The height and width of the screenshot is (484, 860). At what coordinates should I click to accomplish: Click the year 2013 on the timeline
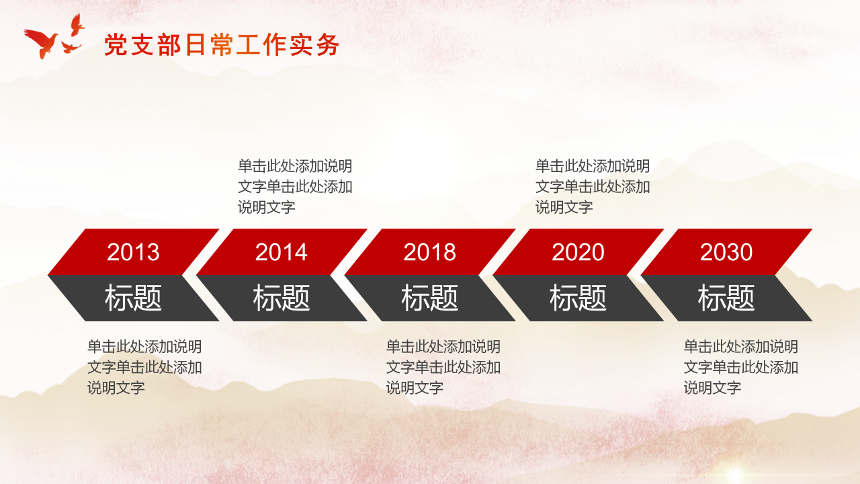(x=133, y=252)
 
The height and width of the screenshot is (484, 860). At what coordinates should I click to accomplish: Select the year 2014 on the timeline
(x=282, y=252)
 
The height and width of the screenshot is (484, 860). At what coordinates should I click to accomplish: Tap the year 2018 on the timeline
(x=429, y=252)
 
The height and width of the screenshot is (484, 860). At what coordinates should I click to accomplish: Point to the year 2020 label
(x=578, y=252)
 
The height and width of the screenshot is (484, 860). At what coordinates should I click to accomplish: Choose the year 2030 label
(x=726, y=252)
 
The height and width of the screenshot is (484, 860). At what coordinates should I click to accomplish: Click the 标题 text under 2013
(x=133, y=298)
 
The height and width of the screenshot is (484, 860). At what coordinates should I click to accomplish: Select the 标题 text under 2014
(x=282, y=298)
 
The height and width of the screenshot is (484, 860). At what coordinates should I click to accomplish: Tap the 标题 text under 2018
(x=429, y=298)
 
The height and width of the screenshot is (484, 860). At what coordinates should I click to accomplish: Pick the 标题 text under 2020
(x=578, y=298)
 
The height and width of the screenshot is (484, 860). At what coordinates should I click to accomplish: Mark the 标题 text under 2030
(x=726, y=298)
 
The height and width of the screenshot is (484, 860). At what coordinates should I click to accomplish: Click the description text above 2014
(x=295, y=186)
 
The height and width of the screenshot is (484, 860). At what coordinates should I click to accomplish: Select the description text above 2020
(x=593, y=186)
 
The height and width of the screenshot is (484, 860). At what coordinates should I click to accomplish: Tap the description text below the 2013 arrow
(x=144, y=367)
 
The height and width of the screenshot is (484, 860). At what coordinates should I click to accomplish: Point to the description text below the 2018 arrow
(x=443, y=367)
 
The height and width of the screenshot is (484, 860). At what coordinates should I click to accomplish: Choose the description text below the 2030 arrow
(x=741, y=367)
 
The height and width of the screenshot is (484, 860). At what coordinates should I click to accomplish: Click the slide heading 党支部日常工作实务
(x=222, y=45)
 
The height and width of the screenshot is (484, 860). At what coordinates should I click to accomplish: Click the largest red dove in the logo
(x=42, y=42)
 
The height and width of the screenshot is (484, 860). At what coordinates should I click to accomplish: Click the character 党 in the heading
(x=116, y=45)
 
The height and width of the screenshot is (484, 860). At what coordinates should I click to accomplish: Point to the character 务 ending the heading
(x=329, y=45)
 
